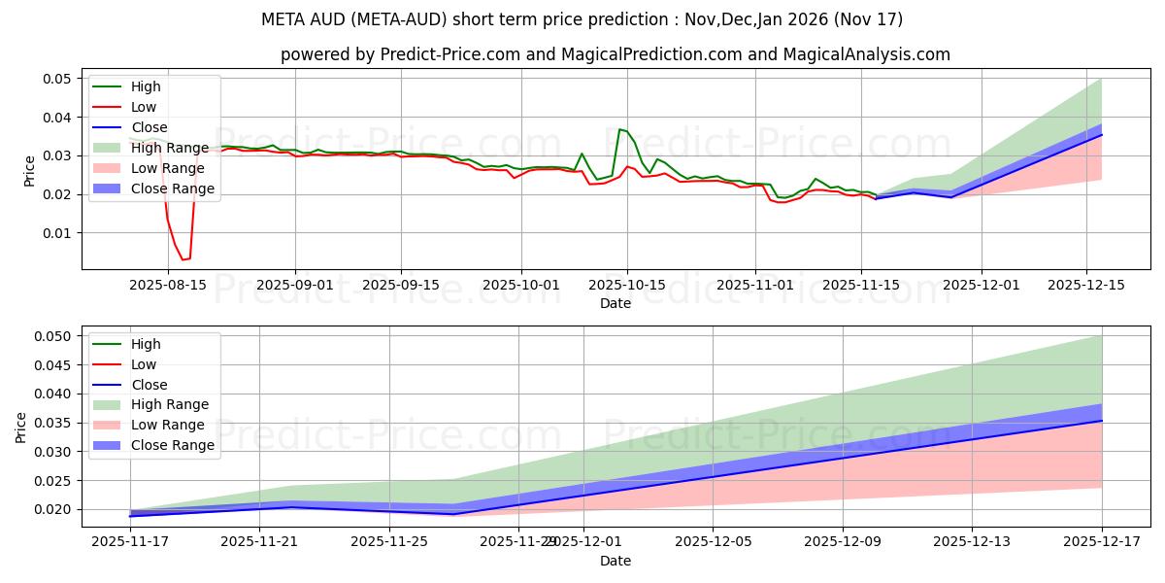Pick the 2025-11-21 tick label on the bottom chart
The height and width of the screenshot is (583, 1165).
(259, 541)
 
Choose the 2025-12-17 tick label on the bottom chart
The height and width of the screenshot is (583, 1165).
(1101, 541)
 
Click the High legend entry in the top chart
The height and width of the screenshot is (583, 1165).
(146, 86)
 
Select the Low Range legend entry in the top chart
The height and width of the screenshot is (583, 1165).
(167, 168)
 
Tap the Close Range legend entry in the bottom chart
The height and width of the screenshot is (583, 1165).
(172, 445)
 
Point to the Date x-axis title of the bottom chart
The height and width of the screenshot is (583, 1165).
(615, 561)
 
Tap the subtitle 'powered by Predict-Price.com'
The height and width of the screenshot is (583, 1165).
(615, 54)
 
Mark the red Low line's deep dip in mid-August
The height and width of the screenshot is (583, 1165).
(183, 259)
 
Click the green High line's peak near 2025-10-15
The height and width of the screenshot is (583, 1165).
(619, 129)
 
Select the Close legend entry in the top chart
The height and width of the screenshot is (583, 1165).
(149, 127)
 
